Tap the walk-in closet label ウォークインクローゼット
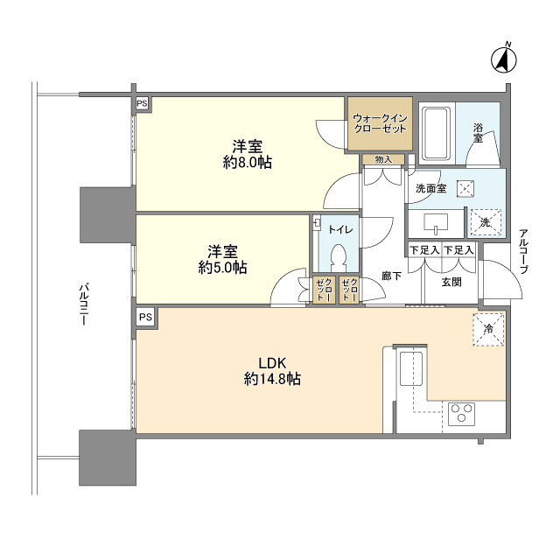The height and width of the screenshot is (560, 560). [x=380, y=122]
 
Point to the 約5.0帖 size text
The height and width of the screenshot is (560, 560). [x=222, y=267]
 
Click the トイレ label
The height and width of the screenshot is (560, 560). [x=340, y=230]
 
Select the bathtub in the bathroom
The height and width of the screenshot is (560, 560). [x=435, y=132]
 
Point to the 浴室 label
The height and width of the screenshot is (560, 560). [x=479, y=132]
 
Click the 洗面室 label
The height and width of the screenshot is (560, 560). [x=430, y=188]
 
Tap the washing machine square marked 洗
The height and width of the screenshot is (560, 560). [x=485, y=222]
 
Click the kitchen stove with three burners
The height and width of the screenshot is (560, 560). [x=461, y=413]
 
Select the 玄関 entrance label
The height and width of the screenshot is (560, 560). [x=451, y=282]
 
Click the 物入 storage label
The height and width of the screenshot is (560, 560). [x=383, y=159]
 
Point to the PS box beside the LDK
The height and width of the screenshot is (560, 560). [x=145, y=316]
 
